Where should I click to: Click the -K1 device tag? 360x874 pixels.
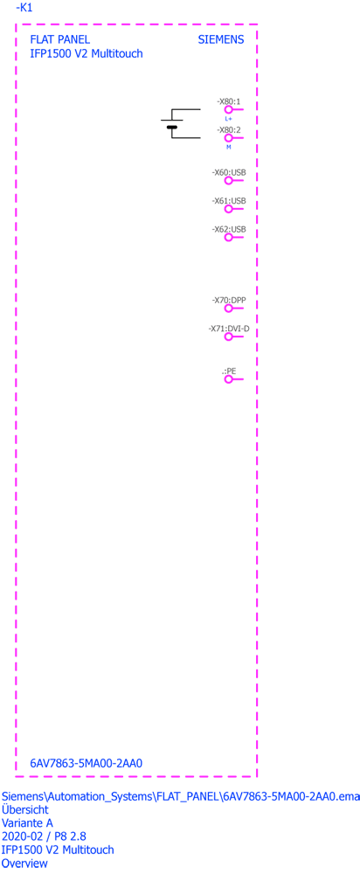click(24, 8)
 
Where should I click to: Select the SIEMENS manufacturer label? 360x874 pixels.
click(221, 40)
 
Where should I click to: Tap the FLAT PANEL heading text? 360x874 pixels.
click(59, 40)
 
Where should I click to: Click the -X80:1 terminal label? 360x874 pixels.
click(228, 102)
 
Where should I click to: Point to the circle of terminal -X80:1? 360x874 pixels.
click(228, 110)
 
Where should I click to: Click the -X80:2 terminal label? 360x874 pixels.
click(228, 130)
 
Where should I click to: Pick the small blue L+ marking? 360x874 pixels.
click(228, 119)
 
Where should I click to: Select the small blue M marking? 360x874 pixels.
click(228, 147)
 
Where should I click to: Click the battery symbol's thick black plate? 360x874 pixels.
click(171, 128)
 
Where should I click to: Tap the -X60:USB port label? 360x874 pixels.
click(228, 173)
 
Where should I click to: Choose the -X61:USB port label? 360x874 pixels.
click(228, 201)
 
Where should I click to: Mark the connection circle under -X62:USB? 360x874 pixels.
click(228, 238)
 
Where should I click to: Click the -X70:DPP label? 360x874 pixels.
click(228, 301)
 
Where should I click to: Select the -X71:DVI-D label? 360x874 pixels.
click(228, 329)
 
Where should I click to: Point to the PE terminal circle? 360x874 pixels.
click(228, 379)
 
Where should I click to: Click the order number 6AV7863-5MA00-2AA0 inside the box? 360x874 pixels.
click(87, 763)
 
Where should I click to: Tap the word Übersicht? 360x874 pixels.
click(25, 809)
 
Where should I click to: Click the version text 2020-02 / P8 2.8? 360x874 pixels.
click(44, 836)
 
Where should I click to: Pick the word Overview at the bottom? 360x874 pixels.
click(24, 864)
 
